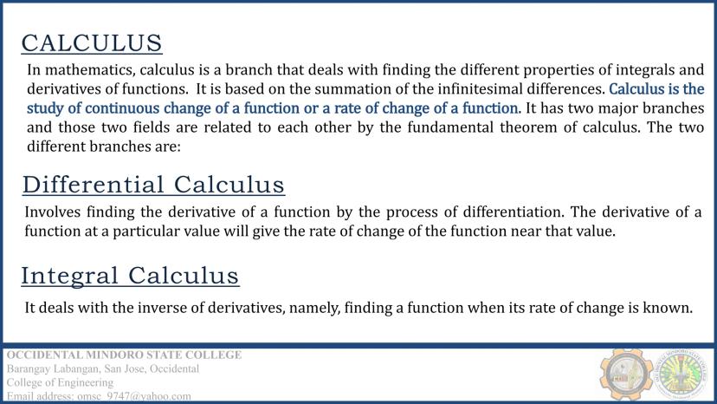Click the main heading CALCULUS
tap(92, 43)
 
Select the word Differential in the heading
tap(93, 185)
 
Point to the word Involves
tap(53, 212)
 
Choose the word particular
tap(145, 231)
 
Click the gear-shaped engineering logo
tap(626, 375)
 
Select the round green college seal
tap(681, 375)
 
